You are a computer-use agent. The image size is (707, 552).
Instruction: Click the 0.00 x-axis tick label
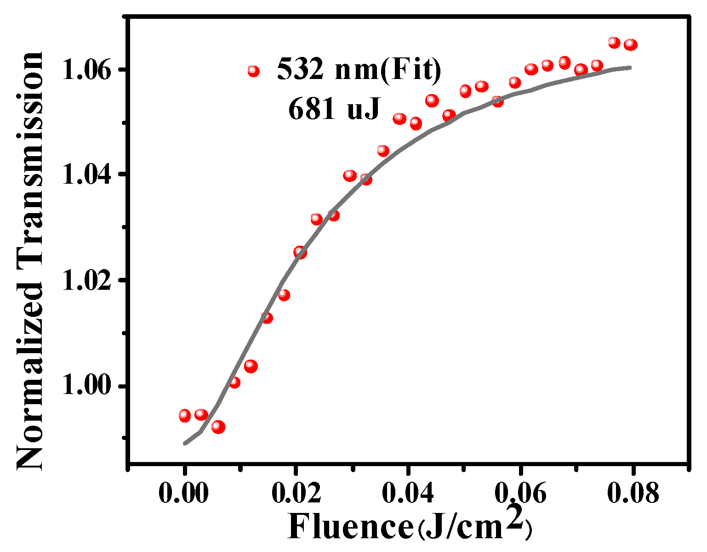click(x=184, y=494)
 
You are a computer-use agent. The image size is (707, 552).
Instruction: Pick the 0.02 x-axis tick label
click(x=296, y=494)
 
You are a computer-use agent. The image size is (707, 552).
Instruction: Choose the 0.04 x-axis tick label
click(x=408, y=494)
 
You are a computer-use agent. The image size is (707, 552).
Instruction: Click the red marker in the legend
click(x=253, y=71)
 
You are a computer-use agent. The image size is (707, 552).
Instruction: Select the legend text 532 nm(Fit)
click(x=359, y=70)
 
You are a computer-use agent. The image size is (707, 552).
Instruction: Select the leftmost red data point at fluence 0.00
click(x=185, y=416)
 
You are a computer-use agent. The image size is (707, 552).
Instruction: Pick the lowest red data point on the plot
click(x=218, y=427)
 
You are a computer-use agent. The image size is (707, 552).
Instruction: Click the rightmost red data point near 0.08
click(x=631, y=45)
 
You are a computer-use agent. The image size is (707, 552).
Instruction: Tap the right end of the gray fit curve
click(x=631, y=68)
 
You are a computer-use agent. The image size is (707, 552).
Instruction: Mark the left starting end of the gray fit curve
click(x=184, y=444)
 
